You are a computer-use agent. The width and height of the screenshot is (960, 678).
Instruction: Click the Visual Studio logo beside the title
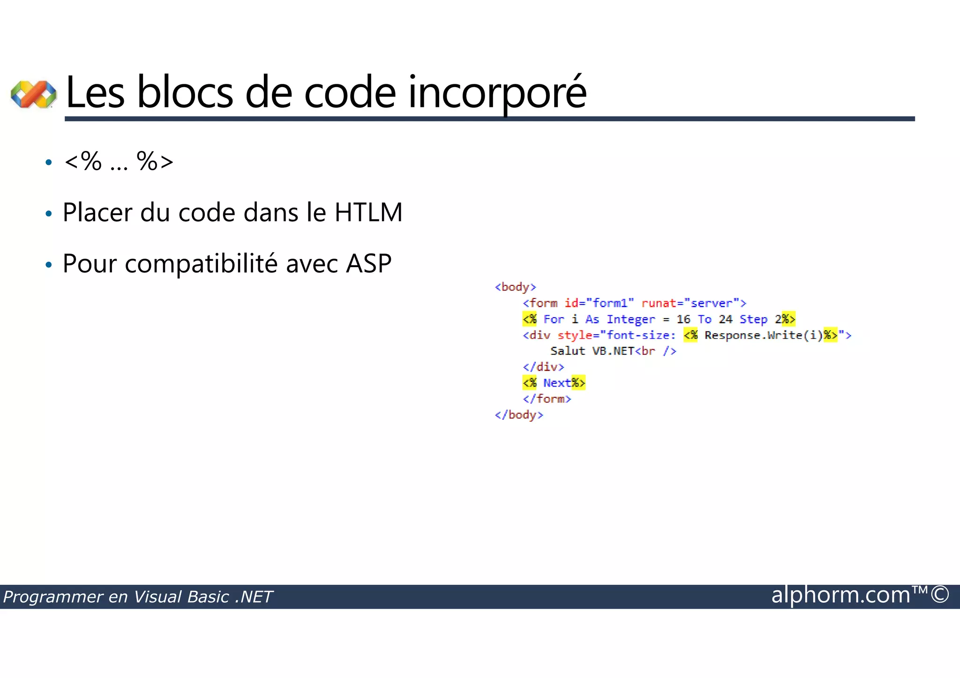33,94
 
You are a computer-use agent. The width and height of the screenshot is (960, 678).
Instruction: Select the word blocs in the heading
185,93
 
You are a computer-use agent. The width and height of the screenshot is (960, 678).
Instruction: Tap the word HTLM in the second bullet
368,212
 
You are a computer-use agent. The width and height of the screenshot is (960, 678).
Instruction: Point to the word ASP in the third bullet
368,263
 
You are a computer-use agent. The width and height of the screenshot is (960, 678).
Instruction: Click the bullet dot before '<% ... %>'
48,163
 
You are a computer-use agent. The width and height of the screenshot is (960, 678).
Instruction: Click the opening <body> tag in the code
515,287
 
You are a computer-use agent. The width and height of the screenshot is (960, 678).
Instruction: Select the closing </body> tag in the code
519,415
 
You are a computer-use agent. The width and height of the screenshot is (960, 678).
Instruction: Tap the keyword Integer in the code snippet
630,319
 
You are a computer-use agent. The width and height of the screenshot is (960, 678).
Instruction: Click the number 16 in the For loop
683,319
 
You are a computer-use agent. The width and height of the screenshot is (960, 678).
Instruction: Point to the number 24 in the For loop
725,319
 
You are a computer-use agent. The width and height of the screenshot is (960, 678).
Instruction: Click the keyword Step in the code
753,320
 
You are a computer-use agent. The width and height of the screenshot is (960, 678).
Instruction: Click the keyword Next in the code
557,383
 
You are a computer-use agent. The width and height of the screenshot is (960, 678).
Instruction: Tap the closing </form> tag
547,399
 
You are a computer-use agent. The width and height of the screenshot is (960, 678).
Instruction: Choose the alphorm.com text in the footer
840,595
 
